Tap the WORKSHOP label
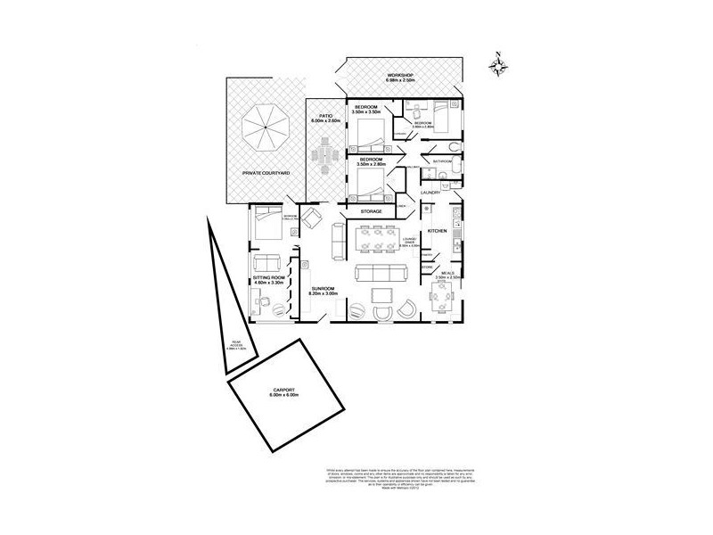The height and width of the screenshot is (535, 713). point(402,74)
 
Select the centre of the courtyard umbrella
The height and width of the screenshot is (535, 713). point(265,126)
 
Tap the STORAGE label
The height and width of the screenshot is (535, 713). point(372,211)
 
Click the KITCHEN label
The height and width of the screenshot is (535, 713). point(437,231)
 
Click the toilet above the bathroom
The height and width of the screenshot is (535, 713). point(454,146)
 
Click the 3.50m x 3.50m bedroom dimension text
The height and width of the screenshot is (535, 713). point(367,112)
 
